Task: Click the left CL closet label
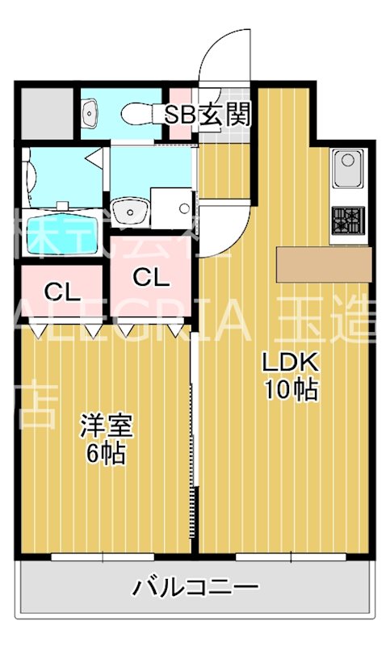[x=62, y=291]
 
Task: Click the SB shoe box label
[x=181, y=115]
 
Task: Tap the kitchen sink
[x=348, y=171]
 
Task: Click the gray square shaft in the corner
[x=45, y=111]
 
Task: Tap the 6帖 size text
[x=106, y=454]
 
